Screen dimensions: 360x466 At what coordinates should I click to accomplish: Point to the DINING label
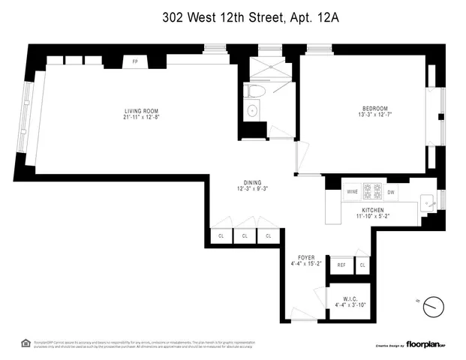pyautogui.click(x=251, y=181)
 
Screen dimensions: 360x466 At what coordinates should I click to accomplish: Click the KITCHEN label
pyautogui.click(x=372, y=210)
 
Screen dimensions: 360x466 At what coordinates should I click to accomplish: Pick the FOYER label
pyautogui.click(x=305, y=256)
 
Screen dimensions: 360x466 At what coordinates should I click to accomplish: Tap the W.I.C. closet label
pyautogui.click(x=349, y=298)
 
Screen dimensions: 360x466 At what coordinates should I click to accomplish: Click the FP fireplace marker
pyautogui.click(x=136, y=61)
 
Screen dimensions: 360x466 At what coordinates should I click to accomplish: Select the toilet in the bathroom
pyautogui.click(x=253, y=91)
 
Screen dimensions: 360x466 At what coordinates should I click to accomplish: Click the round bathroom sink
pyautogui.click(x=253, y=111)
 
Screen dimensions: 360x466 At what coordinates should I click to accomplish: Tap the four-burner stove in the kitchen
pyautogui.click(x=372, y=191)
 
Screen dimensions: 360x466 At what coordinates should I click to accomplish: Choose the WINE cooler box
pyautogui.click(x=352, y=192)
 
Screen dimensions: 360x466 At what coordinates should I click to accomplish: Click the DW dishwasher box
pyautogui.click(x=391, y=192)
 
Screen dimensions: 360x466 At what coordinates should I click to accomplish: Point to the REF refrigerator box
pyautogui.click(x=341, y=265)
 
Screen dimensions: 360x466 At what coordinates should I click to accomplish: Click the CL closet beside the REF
pyautogui.click(x=362, y=265)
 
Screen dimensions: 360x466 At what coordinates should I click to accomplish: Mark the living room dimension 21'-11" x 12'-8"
pyautogui.click(x=142, y=117)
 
